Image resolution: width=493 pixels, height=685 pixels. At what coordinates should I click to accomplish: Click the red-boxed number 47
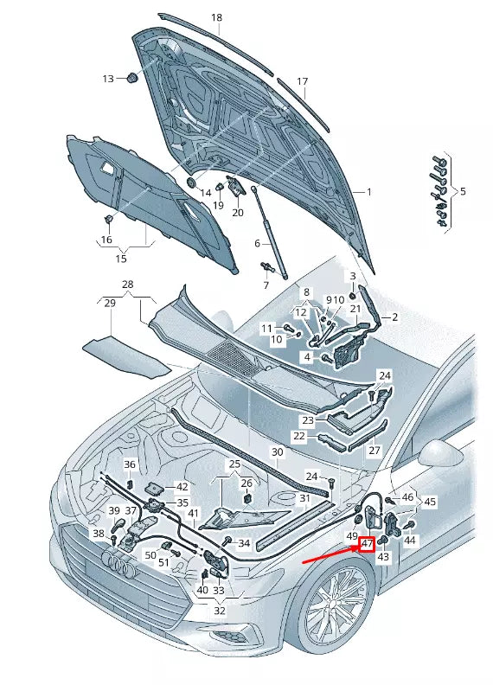(366, 544)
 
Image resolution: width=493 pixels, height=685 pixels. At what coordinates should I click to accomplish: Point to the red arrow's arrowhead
(355, 547)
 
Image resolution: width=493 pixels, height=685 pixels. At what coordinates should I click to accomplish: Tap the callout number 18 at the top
(216, 17)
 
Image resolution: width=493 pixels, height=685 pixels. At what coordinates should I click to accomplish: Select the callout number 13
(108, 79)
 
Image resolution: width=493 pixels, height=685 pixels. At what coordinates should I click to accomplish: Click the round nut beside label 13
(131, 78)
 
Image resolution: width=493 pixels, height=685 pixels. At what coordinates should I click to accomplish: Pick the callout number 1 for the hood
(368, 191)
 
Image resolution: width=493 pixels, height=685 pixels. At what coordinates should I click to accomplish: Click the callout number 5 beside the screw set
(463, 191)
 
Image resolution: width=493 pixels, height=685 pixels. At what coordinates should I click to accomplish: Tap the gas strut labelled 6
(269, 233)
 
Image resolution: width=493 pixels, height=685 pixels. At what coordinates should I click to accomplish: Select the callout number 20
(238, 212)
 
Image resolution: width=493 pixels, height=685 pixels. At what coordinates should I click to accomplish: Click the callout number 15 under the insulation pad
(121, 259)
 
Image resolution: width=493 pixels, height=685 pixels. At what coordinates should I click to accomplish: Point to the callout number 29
(110, 303)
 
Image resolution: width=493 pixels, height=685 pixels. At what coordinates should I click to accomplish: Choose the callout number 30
(278, 452)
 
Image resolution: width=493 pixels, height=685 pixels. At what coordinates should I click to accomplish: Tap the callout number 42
(182, 487)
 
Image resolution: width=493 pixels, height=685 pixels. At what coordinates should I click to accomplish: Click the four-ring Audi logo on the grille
(119, 566)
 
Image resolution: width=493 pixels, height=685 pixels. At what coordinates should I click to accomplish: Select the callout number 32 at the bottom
(220, 611)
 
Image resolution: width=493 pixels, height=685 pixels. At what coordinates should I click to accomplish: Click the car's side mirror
(440, 455)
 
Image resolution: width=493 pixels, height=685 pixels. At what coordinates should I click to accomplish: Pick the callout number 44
(409, 541)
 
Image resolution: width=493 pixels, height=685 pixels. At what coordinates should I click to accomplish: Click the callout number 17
(303, 81)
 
